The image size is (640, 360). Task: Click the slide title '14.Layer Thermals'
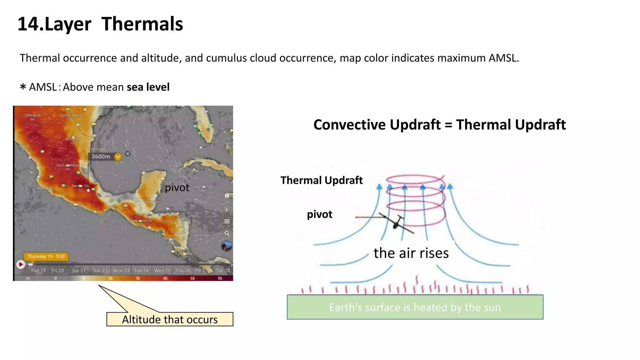point(100,24)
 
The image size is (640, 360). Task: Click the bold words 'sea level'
point(148,87)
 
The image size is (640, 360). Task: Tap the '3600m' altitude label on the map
point(101,157)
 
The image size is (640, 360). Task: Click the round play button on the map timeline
point(21,264)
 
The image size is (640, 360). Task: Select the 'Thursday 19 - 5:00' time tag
point(46,257)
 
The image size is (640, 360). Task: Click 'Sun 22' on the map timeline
point(100,270)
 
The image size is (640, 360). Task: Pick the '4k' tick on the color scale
point(165,278)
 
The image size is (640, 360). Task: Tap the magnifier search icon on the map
point(227,233)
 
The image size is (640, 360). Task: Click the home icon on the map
point(227,196)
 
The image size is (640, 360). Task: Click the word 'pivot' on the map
point(177,187)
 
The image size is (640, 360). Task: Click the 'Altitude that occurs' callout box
point(170,319)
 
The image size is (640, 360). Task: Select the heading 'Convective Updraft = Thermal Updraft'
point(439,125)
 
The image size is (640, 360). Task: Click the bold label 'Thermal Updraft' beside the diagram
point(322,180)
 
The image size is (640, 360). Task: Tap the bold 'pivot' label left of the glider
point(319,214)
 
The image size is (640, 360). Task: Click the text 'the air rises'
point(411,253)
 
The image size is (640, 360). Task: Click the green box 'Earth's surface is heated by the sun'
point(415,307)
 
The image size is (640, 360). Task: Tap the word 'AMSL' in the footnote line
point(43,87)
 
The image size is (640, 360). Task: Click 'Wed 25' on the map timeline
point(162,270)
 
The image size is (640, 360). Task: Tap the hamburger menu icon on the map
point(227,221)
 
